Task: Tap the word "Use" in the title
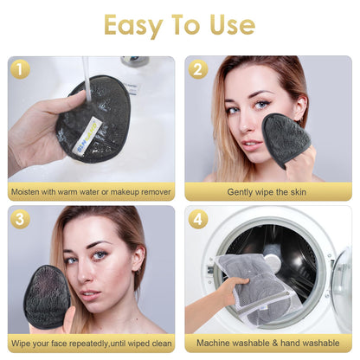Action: (229, 24)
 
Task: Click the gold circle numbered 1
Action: (20, 69)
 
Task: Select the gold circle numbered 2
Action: (198, 69)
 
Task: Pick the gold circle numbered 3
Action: (20, 219)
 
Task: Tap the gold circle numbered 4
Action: (198, 219)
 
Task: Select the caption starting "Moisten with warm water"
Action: (91, 192)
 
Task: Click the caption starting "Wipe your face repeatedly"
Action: (91, 342)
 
